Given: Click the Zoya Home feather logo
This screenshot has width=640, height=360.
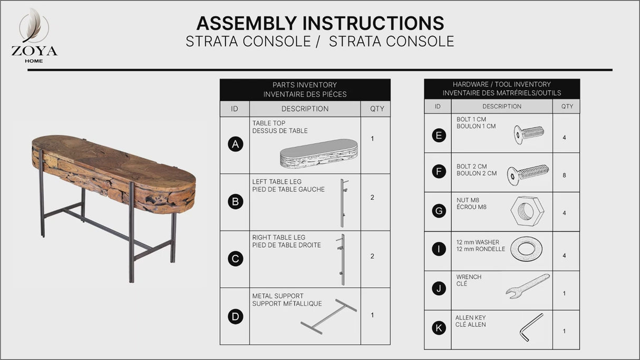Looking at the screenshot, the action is point(34,26).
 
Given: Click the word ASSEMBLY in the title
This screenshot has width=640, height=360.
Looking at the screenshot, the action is point(246,23).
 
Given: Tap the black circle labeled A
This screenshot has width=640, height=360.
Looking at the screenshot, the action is point(236,144).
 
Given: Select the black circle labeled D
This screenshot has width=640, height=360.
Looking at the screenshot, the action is point(236,317).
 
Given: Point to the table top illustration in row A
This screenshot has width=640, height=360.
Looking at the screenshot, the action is point(318,153).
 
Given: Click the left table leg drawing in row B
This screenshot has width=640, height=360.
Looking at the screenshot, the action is point(343,203).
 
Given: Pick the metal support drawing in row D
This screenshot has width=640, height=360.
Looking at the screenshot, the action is point(328,317).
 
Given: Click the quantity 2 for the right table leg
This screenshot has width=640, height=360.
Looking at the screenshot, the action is point(372,256).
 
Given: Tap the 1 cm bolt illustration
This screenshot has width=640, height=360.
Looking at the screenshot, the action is point(529,134).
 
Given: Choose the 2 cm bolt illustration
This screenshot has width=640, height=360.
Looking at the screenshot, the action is point(528,174).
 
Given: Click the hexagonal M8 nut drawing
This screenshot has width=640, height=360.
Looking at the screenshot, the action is point(527,211).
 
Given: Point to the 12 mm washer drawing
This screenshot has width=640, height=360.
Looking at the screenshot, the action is point(526,249).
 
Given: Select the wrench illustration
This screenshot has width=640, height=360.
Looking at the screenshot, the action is point(527,287).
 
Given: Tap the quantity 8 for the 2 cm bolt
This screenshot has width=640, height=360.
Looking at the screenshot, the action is point(564,175).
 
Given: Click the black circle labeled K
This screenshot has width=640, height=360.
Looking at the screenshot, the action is point(439,328).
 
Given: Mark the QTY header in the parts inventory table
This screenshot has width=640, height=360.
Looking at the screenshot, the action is point(377,109).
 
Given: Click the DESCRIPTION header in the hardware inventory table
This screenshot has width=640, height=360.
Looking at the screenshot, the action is point(502,106).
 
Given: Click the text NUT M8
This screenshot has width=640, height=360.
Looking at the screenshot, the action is point(468,200).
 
